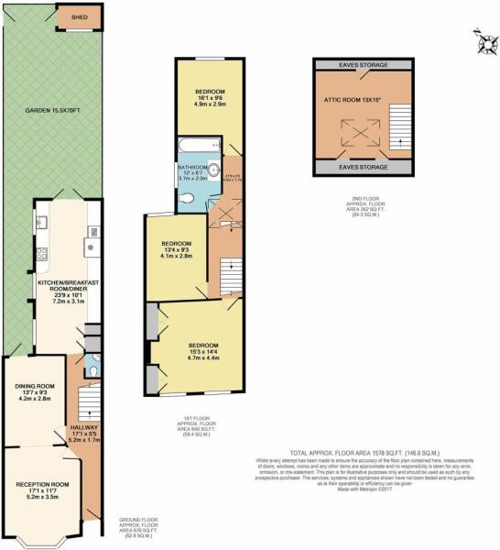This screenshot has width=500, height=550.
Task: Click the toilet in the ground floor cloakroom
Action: pyautogui.click(x=95, y=370)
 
